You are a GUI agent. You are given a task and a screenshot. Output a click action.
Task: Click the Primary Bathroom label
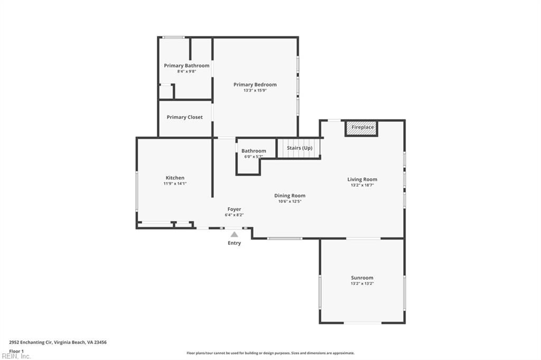pyautogui.click(x=186, y=65)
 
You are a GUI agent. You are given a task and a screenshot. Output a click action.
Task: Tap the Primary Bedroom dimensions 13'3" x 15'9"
pyautogui.click(x=255, y=90)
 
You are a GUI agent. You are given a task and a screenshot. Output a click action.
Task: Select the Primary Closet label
pyautogui.click(x=184, y=117)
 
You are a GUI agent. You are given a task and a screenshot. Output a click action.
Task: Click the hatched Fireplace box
pyautogui.click(x=362, y=128)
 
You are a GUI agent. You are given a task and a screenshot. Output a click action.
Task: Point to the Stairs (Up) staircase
pyautogui.click(x=299, y=148)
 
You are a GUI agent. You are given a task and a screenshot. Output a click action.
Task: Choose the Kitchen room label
pyautogui.click(x=175, y=177)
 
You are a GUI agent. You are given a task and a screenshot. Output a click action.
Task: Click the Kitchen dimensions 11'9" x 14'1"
pyautogui.click(x=175, y=184)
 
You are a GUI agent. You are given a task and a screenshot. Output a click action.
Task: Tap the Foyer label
pyautogui.click(x=234, y=209)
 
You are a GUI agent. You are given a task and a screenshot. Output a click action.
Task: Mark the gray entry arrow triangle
pyautogui.click(x=234, y=234)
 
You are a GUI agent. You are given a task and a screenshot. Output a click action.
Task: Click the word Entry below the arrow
pyautogui.click(x=234, y=243)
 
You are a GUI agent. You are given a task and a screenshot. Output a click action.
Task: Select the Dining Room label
pyautogui.click(x=290, y=195)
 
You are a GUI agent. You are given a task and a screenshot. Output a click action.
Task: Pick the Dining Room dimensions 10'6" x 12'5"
pyautogui.click(x=290, y=202)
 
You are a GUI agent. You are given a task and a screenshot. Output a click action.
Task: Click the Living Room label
pyautogui.click(x=362, y=179)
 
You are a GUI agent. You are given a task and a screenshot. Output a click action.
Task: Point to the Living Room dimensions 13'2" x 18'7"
pyautogui.click(x=362, y=185)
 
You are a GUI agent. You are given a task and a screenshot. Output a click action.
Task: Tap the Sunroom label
pyautogui.click(x=362, y=278)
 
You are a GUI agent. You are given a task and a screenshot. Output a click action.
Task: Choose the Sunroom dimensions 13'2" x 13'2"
pyautogui.click(x=362, y=283)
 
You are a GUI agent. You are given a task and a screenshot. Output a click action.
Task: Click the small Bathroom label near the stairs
pyautogui.click(x=254, y=150)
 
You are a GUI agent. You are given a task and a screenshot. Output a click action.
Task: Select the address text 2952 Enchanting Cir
pyautogui.click(x=31, y=343)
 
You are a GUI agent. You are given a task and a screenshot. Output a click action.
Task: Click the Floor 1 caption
pyautogui.click(x=16, y=351)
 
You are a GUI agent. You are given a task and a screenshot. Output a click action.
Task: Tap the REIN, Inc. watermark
pyautogui.click(x=16, y=356)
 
